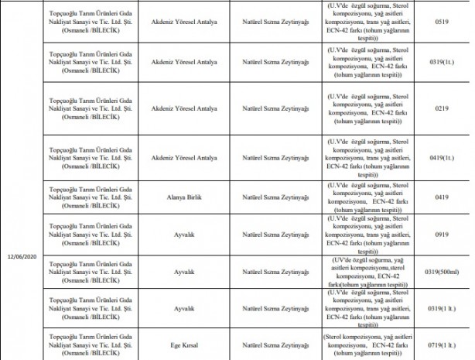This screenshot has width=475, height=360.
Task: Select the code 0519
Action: coord(443,22)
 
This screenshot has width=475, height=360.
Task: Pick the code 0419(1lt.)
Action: coord(443,156)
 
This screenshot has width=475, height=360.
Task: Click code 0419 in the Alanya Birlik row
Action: coord(443,197)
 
